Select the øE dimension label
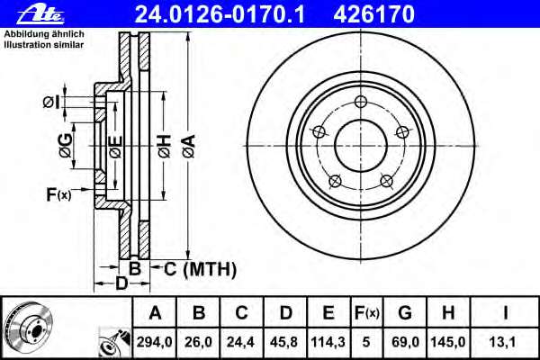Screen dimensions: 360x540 (x=115, y=146)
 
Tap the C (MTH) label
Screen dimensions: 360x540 (x=198, y=268)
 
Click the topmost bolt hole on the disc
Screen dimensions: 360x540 (x=360, y=101)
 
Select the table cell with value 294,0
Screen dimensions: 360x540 (x=156, y=342)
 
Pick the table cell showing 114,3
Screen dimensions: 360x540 (x=328, y=342)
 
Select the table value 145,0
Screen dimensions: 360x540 (x=447, y=342)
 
